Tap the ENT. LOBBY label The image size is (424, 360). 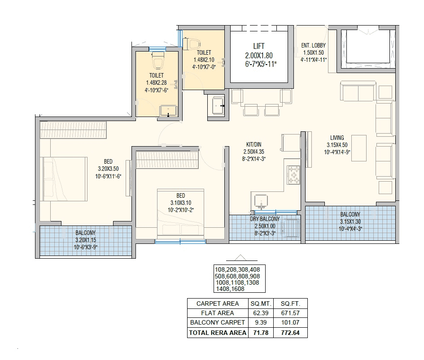[x=314, y=45]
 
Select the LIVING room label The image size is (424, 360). [x=337, y=138]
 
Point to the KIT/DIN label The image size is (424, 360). [x=254, y=144]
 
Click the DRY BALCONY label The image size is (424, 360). [x=265, y=219]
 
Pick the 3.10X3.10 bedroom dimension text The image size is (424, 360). [x=180, y=203]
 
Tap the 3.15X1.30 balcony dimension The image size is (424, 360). [x=350, y=221]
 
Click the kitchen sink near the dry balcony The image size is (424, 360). [x=261, y=201]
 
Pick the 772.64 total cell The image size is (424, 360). [x=290, y=333]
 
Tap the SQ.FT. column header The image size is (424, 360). [x=290, y=304]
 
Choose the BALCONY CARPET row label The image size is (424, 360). [x=218, y=322]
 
